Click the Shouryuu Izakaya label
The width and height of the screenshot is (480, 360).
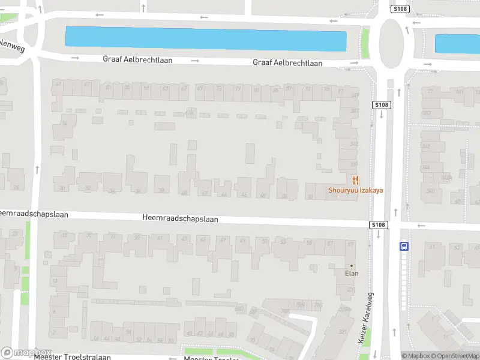(355, 191)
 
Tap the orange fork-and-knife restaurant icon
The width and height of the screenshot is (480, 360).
(355, 179)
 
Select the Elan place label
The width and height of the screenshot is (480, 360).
(351, 274)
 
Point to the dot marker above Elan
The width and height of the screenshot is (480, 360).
(352, 265)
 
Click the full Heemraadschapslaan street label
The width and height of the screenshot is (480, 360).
(180, 219)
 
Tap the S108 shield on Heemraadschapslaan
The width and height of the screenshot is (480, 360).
(377, 225)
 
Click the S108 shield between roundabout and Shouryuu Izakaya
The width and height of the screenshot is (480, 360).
(382, 105)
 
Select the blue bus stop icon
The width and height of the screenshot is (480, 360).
(404, 245)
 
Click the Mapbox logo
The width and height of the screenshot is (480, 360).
(26, 353)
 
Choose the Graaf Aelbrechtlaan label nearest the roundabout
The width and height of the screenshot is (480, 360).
(287, 62)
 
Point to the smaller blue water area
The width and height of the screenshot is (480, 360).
(457, 44)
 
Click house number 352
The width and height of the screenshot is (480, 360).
(427, 113)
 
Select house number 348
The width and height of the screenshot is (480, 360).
(426, 146)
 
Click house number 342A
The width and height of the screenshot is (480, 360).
(446, 178)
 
